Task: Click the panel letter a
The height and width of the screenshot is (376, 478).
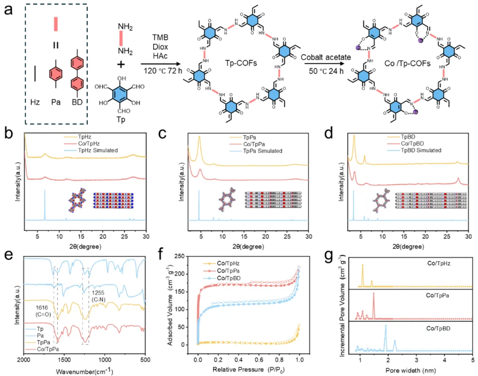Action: pyautogui.click(x=8, y=10)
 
